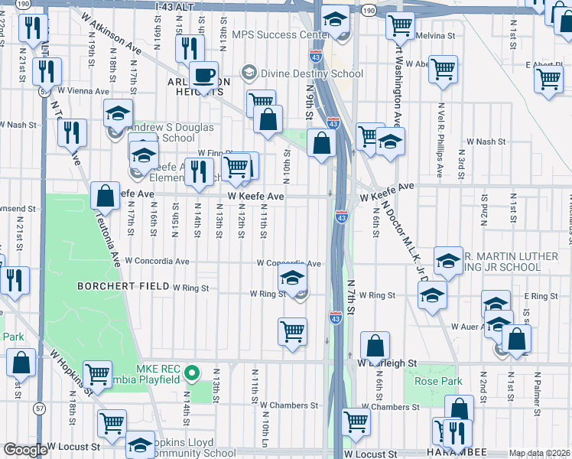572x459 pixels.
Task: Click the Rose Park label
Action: click(x=434, y=381)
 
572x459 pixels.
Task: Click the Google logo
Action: click(x=24, y=450)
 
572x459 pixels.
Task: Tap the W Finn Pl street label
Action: click(x=215, y=153)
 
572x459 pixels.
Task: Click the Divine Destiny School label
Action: click(x=312, y=73)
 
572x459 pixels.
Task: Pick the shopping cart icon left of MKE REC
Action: click(x=98, y=375)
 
